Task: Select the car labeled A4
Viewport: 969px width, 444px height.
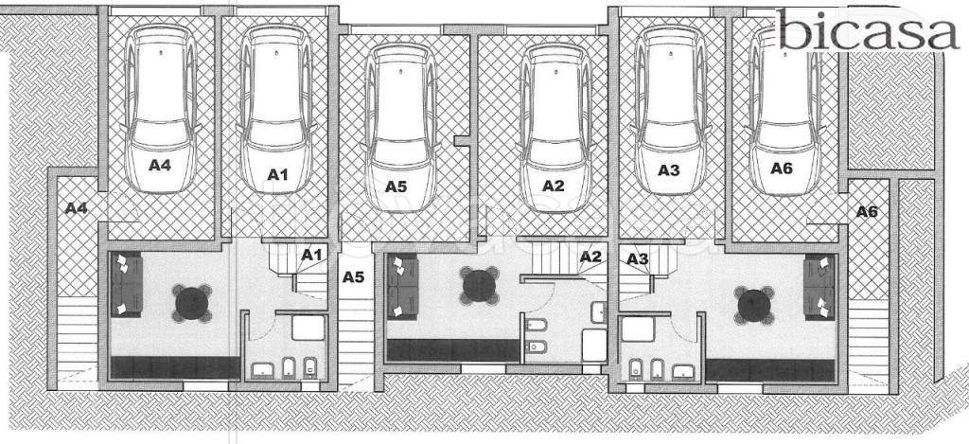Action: click(161, 110)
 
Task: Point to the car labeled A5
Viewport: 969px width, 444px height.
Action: click(401, 128)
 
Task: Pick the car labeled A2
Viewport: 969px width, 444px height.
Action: click(555, 128)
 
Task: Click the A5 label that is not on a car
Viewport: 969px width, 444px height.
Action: click(354, 277)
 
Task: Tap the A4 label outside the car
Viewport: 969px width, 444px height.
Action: click(76, 208)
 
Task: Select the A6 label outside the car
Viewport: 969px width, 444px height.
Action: click(867, 211)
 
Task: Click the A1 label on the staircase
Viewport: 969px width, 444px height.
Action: click(312, 254)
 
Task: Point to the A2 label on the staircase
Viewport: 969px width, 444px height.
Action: click(590, 256)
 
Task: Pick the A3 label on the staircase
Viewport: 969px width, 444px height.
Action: click(638, 259)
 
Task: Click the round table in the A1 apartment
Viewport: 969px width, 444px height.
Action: click(191, 303)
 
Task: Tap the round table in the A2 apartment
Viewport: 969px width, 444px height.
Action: click(479, 286)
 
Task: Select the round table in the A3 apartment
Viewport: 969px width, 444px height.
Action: click(754, 306)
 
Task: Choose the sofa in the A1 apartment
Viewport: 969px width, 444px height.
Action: click(128, 284)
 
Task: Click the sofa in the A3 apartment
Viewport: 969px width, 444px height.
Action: click(819, 287)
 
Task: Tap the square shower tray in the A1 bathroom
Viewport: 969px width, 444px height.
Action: click(308, 328)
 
